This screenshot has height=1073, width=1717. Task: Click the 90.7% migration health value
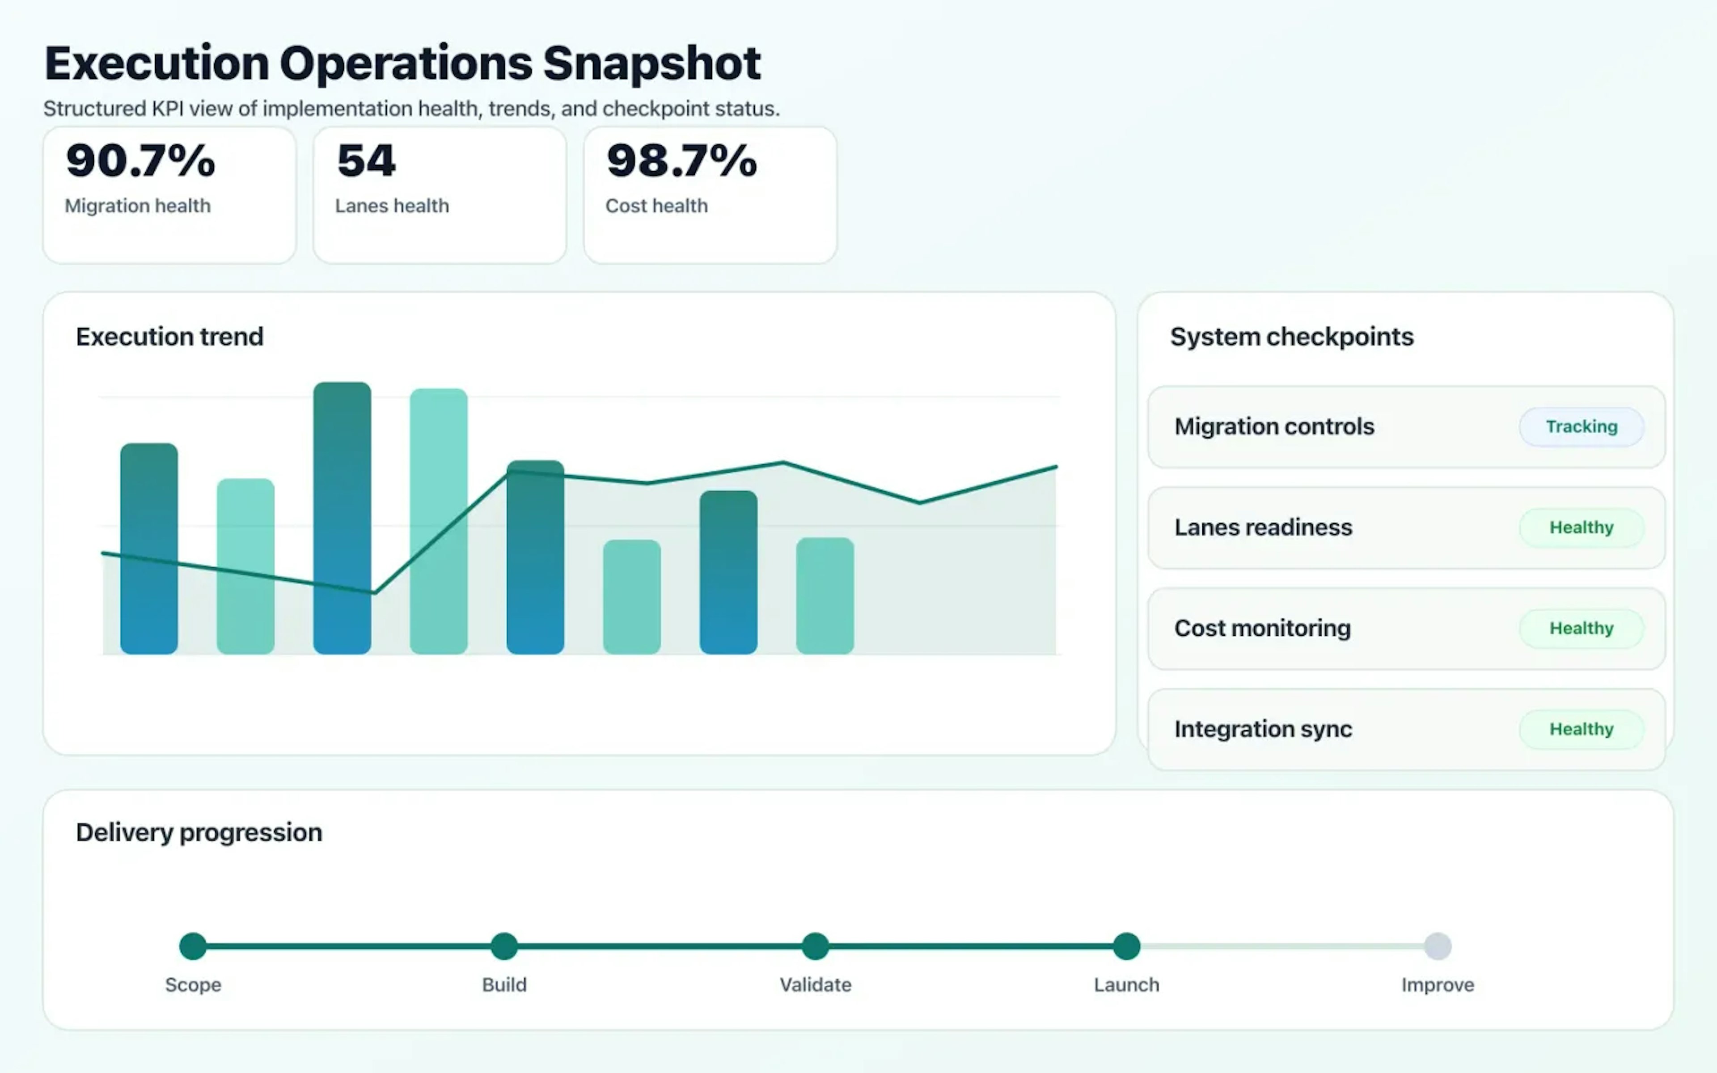[x=140, y=161]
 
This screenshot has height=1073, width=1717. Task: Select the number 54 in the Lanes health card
[x=366, y=161]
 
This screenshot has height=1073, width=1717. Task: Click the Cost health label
[x=656, y=206]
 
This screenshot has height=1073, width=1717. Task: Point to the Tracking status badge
[x=1582, y=427]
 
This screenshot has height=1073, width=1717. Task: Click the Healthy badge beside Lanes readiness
[x=1582, y=527]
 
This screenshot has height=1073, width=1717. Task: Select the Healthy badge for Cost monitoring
[x=1582, y=628]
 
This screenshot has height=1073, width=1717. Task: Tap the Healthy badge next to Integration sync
[x=1582, y=729]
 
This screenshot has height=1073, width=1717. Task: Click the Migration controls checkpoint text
[x=1274, y=427]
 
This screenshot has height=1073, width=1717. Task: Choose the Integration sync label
[x=1263, y=729]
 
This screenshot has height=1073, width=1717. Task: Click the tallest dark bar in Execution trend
[x=342, y=518]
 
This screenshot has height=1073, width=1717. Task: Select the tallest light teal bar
[x=439, y=522]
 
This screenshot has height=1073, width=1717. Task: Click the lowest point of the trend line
[x=374, y=592]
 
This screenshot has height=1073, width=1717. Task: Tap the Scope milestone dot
[x=193, y=946]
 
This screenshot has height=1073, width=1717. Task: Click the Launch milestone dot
[x=1126, y=946]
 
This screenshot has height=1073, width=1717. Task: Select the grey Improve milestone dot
[x=1438, y=946]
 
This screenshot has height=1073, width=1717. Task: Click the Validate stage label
[x=815, y=985]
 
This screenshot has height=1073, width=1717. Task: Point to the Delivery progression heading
[x=199, y=832]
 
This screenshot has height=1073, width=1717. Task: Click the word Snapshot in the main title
[x=651, y=64]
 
